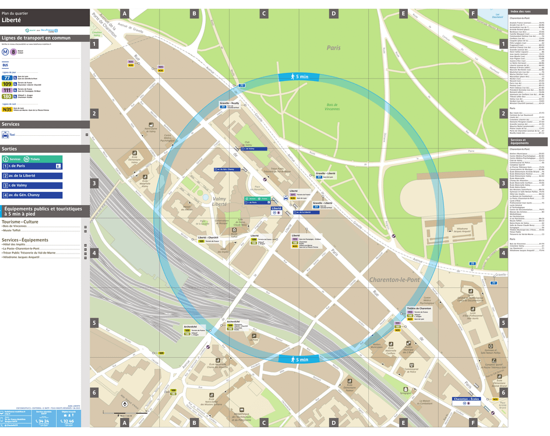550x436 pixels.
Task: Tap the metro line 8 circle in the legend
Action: point(13,51)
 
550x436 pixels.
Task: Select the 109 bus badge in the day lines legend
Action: point(7,85)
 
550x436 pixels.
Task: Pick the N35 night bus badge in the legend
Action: point(7,109)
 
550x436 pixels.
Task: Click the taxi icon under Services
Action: point(5,135)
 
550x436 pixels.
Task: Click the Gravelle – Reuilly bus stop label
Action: point(229,103)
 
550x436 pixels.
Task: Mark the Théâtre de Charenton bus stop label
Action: point(419,308)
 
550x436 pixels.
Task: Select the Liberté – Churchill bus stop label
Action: point(208,237)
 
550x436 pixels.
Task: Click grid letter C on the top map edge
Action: point(263,13)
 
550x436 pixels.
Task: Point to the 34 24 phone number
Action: point(41,420)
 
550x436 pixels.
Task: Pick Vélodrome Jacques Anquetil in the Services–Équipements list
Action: point(25,257)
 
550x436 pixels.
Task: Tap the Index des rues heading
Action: point(520,12)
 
